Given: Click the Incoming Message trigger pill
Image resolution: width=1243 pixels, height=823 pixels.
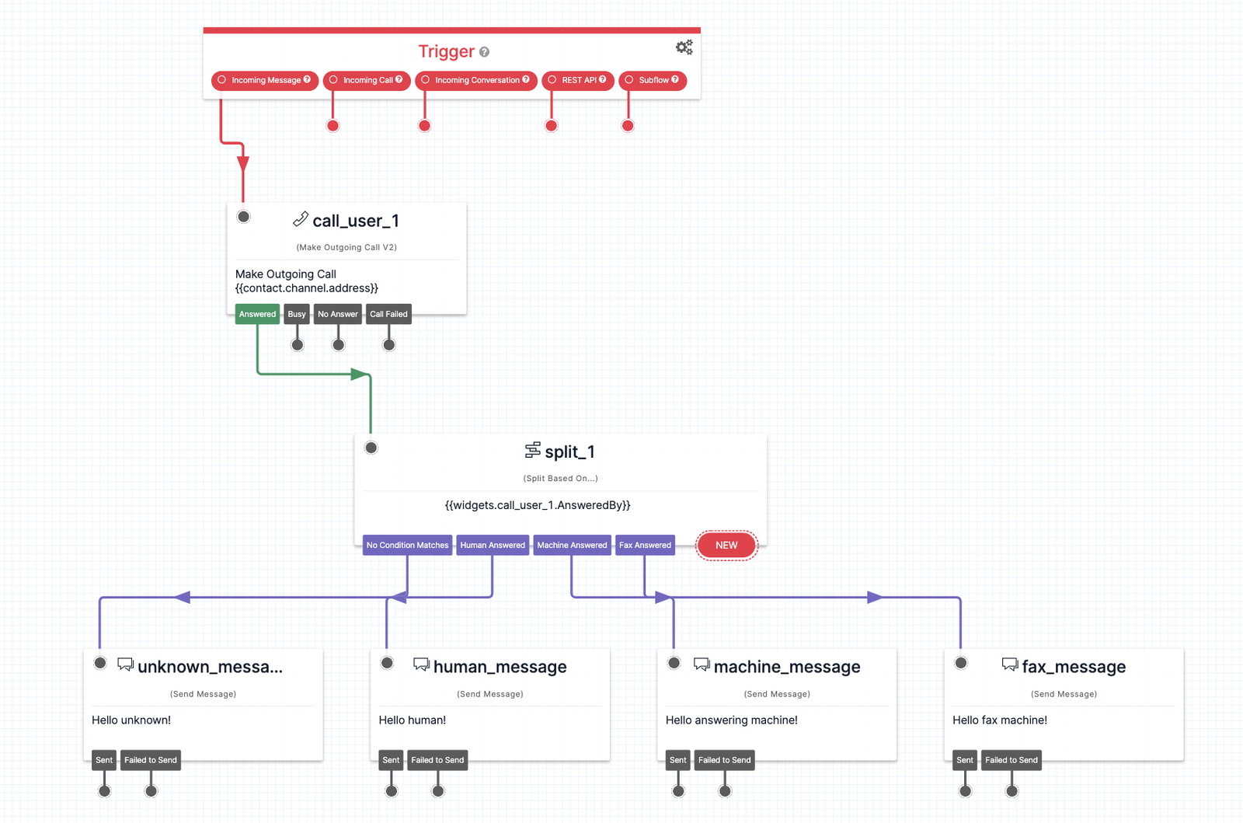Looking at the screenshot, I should point(265,80).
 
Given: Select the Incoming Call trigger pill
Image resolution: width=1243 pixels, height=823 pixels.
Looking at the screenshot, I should point(367,80).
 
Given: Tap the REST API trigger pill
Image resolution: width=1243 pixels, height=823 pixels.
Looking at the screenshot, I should point(578,80).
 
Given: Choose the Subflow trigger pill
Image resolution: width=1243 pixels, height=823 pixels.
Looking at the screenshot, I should point(653,80).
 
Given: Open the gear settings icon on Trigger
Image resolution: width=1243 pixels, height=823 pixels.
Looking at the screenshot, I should point(684,47).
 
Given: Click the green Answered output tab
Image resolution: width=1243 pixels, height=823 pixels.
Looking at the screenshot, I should point(257,314).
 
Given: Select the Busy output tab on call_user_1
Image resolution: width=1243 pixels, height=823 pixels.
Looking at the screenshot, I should point(297,314).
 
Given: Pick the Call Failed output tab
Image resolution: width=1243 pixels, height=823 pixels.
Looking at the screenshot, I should point(388,314).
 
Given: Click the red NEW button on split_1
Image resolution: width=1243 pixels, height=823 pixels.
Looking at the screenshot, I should point(726,545).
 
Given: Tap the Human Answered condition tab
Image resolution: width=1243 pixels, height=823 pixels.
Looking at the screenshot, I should point(493,545).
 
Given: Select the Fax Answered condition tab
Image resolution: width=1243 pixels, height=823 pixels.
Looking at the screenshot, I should point(645,545).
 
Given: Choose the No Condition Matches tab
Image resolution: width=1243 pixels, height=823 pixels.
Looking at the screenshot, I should point(407,545).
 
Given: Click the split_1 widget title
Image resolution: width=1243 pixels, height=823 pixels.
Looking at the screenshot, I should point(569,452).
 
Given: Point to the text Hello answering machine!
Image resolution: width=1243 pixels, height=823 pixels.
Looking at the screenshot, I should point(731,720).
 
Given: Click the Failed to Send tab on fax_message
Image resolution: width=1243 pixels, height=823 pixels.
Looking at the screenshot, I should point(1011,760).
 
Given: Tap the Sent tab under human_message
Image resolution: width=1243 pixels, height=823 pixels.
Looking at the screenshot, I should point(391,760).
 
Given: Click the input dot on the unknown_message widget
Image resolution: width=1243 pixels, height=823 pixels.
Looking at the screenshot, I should point(100,663).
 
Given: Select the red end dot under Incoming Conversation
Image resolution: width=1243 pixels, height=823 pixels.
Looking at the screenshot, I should point(424,126).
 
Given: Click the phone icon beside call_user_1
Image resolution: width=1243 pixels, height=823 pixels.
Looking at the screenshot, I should point(300,220).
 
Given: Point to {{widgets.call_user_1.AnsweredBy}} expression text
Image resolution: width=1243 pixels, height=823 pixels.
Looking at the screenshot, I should point(538,505).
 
